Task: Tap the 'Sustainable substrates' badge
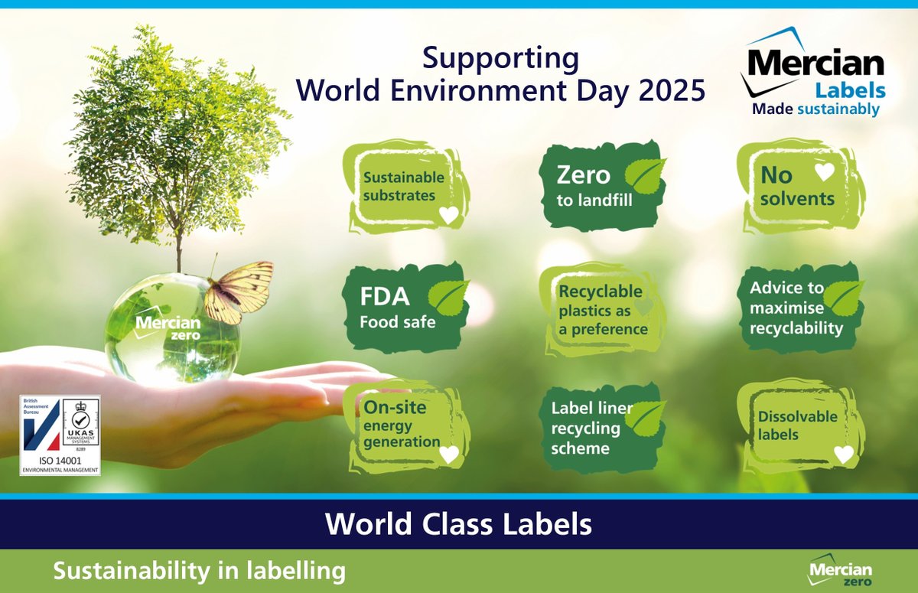405,186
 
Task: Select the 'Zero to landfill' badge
601,186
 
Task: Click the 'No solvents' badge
799,186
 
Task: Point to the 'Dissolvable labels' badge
799,425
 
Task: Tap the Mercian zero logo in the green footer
839,569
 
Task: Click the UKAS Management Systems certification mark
80,425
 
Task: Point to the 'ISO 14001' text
60,461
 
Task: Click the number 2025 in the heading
666,90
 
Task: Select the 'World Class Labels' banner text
458,524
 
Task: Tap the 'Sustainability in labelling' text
199,571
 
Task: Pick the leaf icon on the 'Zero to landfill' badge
645,172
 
